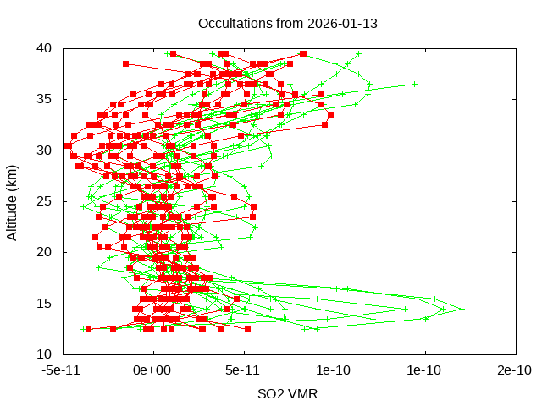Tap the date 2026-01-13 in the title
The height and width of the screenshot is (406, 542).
pyautogui.click(x=342, y=23)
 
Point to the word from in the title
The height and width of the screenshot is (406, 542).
pyautogui.click(x=289, y=23)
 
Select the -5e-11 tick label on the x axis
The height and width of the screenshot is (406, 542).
pyautogui.click(x=63, y=370)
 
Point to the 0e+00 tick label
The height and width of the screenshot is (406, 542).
pyautogui.click(x=153, y=370)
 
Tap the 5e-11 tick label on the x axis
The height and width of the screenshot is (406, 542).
pyautogui.click(x=244, y=370)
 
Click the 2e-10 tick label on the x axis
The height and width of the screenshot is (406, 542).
pyautogui.click(x=516, y=370)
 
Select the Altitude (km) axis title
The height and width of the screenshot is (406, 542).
pyautogui.click(x=13, y=201)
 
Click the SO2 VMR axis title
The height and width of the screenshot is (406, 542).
pyautogui.click(x=289, y=393)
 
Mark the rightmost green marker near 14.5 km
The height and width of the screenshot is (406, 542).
pyautogui.click(x=462, y=309)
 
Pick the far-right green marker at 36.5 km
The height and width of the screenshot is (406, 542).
pyautogui.click(x=415, y=84)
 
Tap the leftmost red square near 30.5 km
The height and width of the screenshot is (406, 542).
pyautogui.click(x=66, y=146)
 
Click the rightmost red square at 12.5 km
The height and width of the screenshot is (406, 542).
pyautogui.click(x=247, y=329)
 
